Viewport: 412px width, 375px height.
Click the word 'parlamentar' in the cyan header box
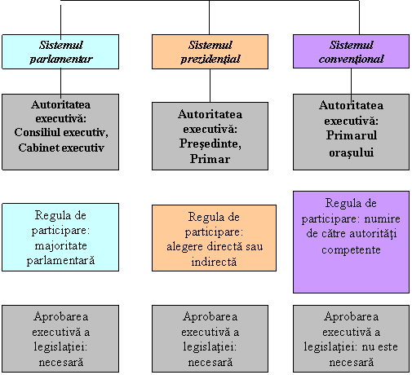click(x=61, y=60)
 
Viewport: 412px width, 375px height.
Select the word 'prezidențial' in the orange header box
click(x=210, y=60)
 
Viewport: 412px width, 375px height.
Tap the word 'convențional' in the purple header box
click(x=351, y=59)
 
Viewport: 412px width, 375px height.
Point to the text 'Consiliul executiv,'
click(x=61, y=132)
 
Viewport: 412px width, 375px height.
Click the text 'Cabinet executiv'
click(x=61, y=148)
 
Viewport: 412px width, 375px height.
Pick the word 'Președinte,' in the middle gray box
click(x=210, y=143)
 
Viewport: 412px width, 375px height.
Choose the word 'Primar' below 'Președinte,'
click(x=210, y=159)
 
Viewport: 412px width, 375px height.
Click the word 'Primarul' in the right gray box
click(x=352, y=135)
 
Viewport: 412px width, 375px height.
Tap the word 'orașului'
click(x=351, y=152)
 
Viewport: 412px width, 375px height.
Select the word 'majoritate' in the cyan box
click(x=60, y=245)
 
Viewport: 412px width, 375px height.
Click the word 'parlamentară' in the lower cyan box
click(x=60, y=261)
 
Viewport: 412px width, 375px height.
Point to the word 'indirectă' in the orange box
click(x=214, y=262)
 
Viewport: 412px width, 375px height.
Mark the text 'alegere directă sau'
click(x=215, y=246)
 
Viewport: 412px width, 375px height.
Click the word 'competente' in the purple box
click(x=351, y=249)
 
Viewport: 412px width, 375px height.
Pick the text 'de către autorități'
click(x=351, y=233)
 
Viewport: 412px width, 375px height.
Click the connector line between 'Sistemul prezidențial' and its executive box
click(x=210, y=86)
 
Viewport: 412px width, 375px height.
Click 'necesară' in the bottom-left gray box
click(x=61, y=362)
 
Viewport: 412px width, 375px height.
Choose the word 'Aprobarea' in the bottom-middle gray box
click(x=210, y=316)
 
